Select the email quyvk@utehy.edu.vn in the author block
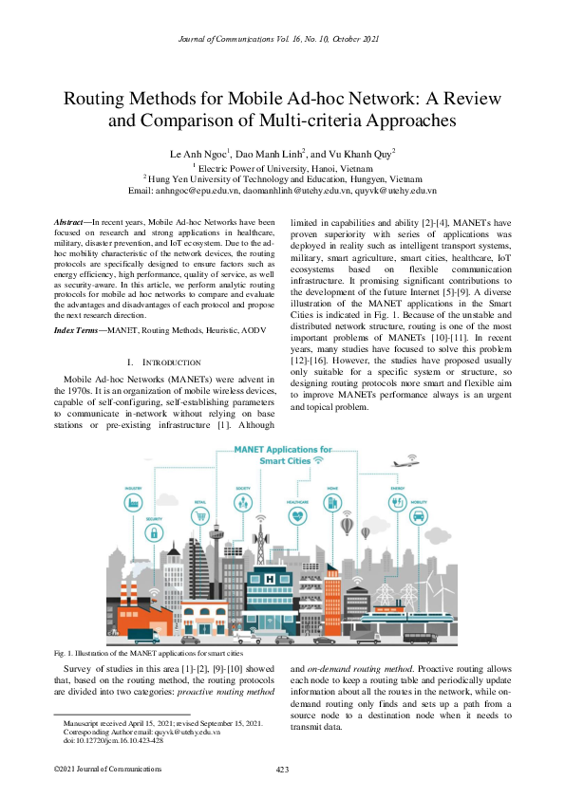coord(395,189)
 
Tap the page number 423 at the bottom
coord(282,769)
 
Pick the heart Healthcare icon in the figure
coord(298,515)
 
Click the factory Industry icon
coord(133,500)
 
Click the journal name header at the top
coord(282,38)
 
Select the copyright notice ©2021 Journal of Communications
coord(95,769)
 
